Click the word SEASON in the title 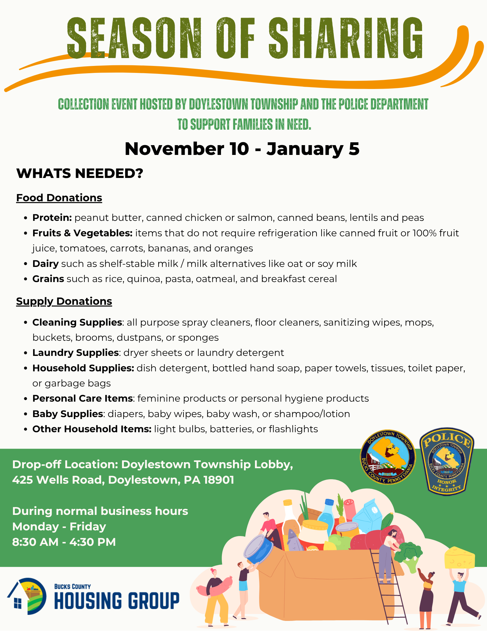134,38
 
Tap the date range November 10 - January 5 242,149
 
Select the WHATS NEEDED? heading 80,173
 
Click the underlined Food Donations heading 59,198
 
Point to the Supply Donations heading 64,301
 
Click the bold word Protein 52,218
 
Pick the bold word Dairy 45,264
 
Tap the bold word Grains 48,279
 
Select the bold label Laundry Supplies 76,352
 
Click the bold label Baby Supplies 68,414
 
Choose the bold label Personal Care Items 83,398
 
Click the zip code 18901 219,480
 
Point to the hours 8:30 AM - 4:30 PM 64,542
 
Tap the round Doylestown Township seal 388,457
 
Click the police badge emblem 447,461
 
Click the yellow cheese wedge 459,558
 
